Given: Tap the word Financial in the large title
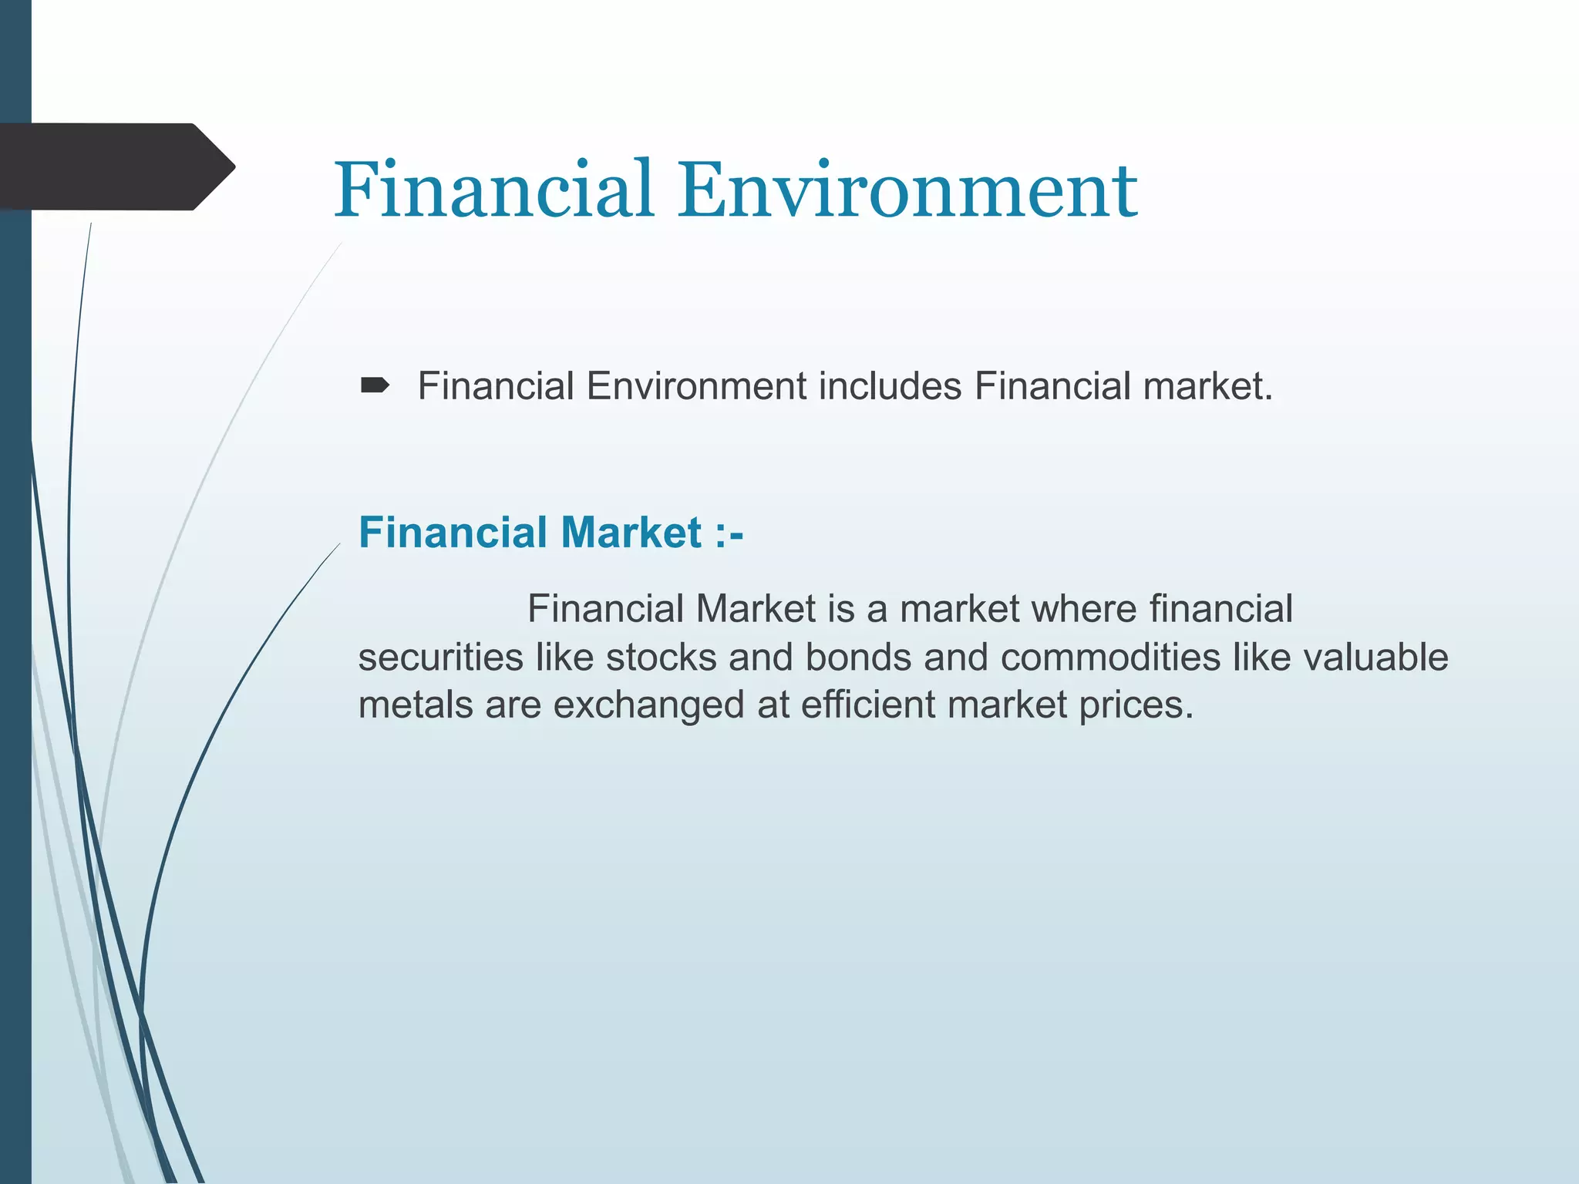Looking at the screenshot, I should (494, 190).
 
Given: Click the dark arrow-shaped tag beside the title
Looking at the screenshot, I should (116, 166).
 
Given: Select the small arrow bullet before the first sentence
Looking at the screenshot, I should (375, 385).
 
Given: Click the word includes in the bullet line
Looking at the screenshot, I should (890, 386).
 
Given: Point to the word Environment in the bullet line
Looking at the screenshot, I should (696, 386).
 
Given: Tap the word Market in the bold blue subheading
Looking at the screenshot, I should (631, 533).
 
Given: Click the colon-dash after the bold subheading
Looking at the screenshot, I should (729, 533).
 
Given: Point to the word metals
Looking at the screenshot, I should (416, 705).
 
